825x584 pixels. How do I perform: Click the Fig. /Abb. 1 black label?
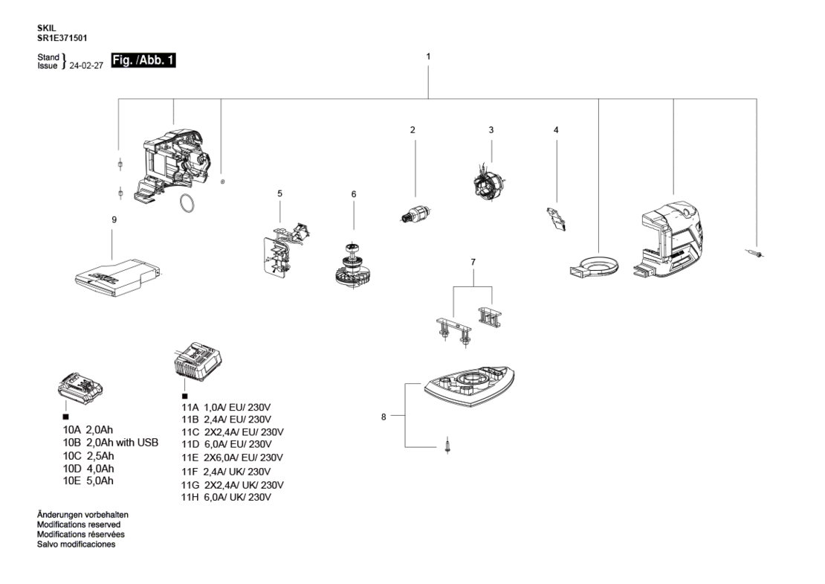(x=143, y=60)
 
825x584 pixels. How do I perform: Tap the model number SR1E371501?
(x=62, y=38)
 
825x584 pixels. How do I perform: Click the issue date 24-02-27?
(x=86, y=65)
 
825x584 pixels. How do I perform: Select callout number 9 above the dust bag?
(x=114, y=219)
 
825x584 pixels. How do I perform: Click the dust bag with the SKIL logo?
(x=118, y=277)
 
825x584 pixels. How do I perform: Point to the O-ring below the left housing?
(x=187, y=204)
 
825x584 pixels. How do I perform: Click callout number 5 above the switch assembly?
(x=280, y=193)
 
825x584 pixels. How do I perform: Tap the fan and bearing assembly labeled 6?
(x=353, y=266)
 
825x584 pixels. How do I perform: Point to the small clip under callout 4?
(x=556, y=219)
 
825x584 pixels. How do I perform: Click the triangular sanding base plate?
(x=469, y=386)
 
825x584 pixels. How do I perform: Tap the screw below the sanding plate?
(x=447, y=445)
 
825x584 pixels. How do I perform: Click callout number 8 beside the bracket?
(x=384, y=417)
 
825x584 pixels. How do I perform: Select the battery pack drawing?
(x=80, y=387)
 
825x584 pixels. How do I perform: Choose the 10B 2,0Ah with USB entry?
(x=111, y=443)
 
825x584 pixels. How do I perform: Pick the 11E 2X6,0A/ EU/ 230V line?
(x=232, y=458)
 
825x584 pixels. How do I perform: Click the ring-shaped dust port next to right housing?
(x=594, y=265)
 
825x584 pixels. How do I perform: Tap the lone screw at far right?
(x=756, y=254)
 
